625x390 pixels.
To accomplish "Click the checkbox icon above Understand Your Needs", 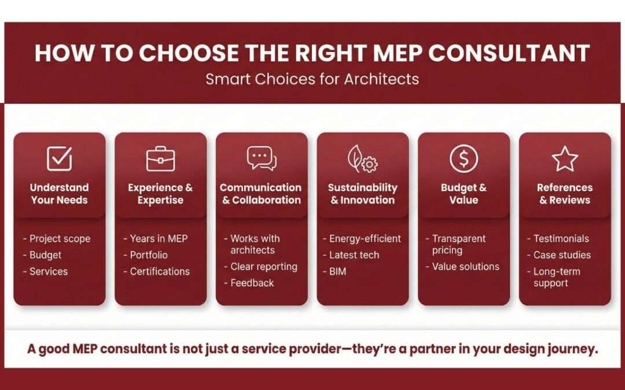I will tap(59, 159).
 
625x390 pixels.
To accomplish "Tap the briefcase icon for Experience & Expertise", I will tap(160, 159).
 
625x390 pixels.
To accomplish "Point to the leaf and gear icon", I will tap(362, 159).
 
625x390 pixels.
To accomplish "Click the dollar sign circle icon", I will tap(464, 158).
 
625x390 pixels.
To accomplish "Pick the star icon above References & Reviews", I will tap(565, 159).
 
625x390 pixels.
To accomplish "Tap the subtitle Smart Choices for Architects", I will tap(312, 79).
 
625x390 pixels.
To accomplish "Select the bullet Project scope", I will tap(60, 239).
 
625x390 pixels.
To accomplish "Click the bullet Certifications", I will tap(160, 272).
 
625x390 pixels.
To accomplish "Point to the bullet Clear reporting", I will tap(263, 266).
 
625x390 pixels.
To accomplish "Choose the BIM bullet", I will tap(337, 272).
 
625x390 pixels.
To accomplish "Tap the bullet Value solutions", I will tap(465, 266).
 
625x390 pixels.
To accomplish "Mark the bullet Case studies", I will tap(562, 255).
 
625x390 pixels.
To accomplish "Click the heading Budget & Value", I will tap(464, 194).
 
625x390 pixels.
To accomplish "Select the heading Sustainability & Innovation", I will tap(362, 194).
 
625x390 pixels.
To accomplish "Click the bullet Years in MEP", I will tap(159, 239).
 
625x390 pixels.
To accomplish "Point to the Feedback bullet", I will tap(252, 283).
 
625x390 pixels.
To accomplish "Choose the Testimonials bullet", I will tap(561, 239).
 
